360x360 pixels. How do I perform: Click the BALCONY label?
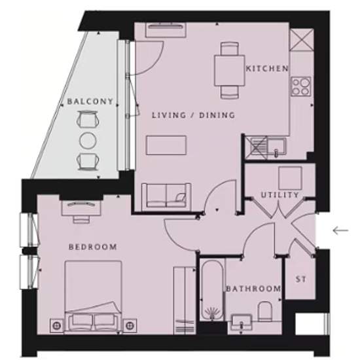[90, 101]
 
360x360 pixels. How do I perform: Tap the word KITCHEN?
[267, 69]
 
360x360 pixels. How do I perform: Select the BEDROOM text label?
[93, 247]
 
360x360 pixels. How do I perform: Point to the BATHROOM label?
[253, 289]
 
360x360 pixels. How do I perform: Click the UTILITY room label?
[280, 195]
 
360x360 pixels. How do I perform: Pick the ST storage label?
[301, 279]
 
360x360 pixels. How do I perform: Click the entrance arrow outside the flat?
[341, 230]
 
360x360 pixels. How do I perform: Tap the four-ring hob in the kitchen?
[301, 86]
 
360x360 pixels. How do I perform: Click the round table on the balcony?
[88, 141]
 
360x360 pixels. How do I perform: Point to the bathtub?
[211, 290]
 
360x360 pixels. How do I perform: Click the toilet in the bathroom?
[264, 311]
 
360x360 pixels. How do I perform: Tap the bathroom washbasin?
[241, 322]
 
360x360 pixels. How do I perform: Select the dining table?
[230, 71]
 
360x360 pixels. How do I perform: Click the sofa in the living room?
[166, 196]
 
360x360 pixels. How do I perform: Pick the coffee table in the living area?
[166, 145]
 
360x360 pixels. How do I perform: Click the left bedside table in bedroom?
[57, 325]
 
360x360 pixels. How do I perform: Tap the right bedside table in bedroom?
[130, 325]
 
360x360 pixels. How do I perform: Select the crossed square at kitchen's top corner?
[302, 39]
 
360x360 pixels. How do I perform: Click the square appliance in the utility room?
[290, 178]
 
